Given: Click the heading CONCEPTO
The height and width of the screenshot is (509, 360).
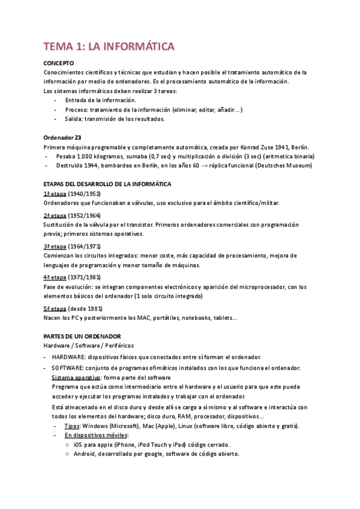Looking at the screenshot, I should point(59,62).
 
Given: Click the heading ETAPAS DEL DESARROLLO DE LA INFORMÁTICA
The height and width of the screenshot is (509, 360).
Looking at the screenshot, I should point(108,183).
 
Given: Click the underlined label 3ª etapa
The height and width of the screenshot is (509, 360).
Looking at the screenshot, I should point(55,246).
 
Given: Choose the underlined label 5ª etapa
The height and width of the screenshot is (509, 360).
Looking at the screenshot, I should point(55,308).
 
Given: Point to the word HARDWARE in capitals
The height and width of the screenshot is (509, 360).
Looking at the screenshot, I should point(68,357).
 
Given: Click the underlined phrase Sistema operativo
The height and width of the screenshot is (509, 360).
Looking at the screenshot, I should point(76,377).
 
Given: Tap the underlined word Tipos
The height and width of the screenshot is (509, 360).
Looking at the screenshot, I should point(72,426).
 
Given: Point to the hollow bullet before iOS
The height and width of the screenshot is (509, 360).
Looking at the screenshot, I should point(66,445).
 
